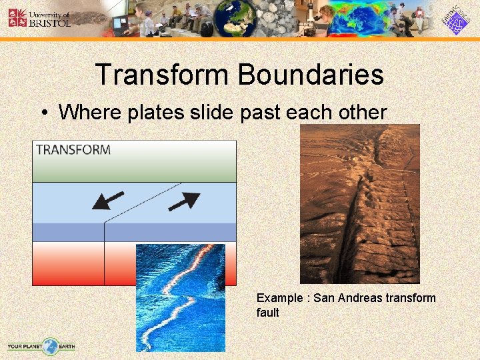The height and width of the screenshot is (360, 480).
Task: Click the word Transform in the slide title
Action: click(x=162, y=75)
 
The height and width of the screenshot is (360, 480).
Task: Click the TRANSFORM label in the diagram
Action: click(x=73, y=150)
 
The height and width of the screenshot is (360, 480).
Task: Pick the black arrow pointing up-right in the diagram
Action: click(x=185, y=201)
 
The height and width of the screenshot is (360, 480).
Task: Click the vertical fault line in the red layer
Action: click(x=105, y=260)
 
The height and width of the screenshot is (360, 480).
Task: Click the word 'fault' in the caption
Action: click(x=267, y=313)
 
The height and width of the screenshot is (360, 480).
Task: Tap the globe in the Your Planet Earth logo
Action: click(x=50, y=345)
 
